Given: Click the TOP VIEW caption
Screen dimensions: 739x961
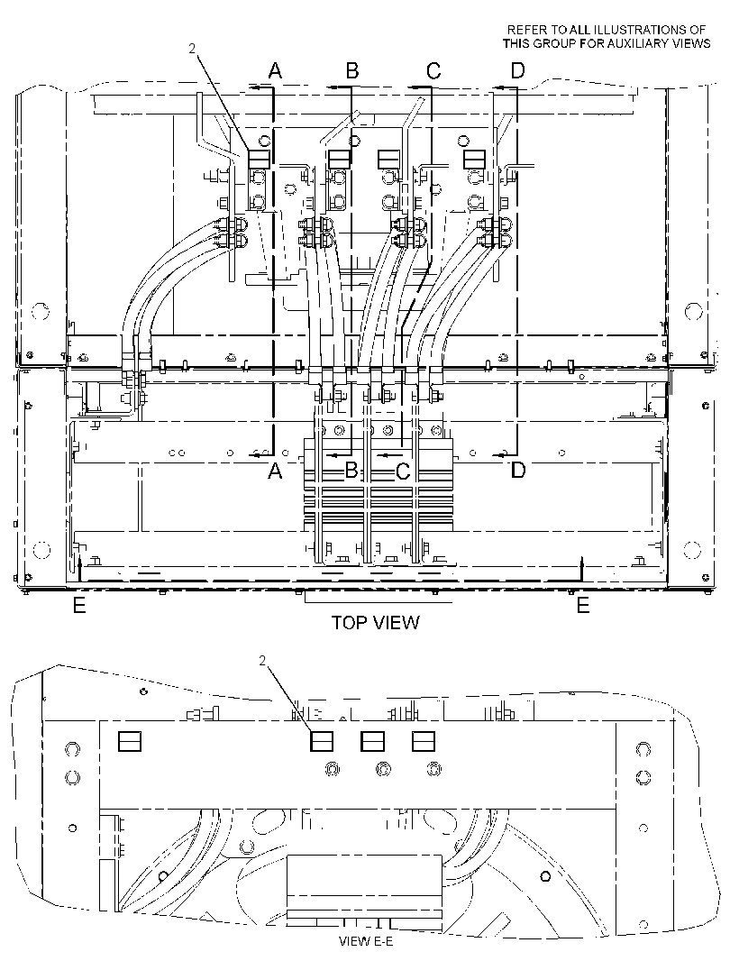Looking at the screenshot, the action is point(375,623).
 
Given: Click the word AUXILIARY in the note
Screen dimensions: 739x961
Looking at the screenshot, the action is point(623,43).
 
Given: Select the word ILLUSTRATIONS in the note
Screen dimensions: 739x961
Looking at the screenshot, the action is point(639,30).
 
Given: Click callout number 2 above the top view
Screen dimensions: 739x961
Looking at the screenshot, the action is point(192,49).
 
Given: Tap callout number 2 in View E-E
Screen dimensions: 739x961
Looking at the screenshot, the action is point(262,660).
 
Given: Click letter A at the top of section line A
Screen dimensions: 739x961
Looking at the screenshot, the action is point(275,71).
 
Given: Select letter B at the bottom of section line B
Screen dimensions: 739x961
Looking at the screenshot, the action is point(351,471).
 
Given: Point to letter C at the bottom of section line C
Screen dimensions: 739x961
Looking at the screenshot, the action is point(403,471).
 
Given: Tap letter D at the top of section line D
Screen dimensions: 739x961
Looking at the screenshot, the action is point(518,71).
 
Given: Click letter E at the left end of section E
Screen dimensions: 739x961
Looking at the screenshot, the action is point(79,606).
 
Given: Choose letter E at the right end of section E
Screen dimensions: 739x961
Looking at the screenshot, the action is point(583,606).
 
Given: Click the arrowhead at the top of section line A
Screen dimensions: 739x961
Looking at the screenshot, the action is point(254,88).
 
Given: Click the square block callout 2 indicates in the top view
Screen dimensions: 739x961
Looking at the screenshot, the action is point(259,159).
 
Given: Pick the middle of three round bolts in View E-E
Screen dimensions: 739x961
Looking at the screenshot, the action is point(384,769).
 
